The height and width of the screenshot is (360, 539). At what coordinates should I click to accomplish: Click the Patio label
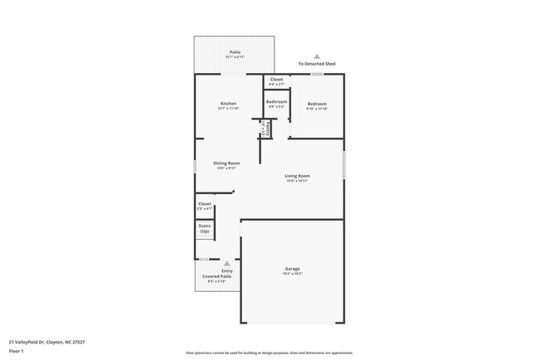pos(236,52)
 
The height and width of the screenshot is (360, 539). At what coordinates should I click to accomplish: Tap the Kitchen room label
pos(228,104)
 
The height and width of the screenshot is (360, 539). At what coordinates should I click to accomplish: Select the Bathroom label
pos(277,102)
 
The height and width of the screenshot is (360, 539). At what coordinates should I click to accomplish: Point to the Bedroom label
pos(317,104)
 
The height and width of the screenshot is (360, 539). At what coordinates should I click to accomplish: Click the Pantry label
pos(266,130)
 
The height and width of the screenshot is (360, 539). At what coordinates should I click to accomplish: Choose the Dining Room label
pos(227,163)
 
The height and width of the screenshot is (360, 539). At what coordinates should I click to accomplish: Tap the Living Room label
pos(297,176)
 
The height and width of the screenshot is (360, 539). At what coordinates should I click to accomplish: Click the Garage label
pos(293,269)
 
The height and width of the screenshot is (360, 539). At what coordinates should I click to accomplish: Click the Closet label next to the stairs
pos(205,204)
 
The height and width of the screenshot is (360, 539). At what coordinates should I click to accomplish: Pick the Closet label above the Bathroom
pos(276,80)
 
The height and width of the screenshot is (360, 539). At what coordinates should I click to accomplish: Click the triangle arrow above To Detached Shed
pos(317,56)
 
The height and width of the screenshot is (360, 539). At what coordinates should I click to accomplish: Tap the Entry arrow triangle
pos(227,263)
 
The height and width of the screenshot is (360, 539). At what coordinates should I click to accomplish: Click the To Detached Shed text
pos(317,64)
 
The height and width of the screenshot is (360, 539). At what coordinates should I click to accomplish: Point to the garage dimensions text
pos(293,274)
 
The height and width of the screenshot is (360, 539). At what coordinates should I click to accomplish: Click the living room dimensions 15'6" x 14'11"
pos(297,180)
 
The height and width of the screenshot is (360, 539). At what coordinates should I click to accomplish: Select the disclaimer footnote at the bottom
pos(269,353)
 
